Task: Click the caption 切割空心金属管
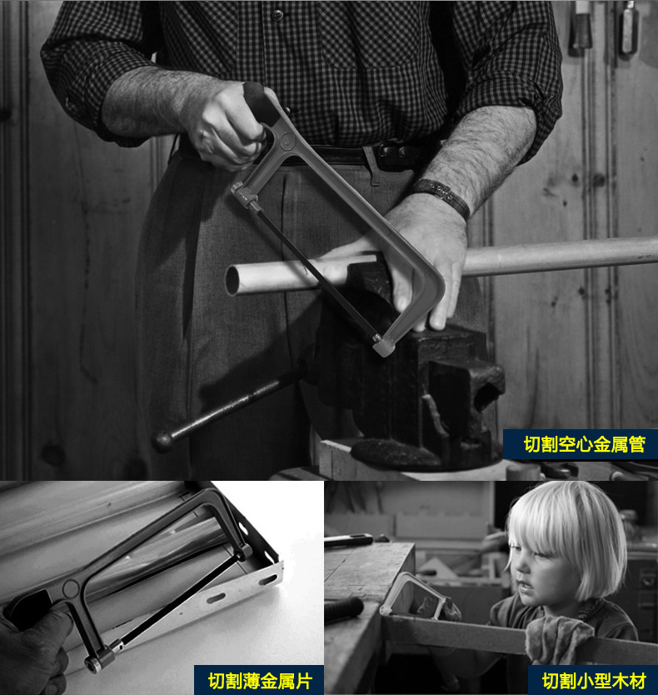tap(584, 444)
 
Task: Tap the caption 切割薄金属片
tap(260, 681)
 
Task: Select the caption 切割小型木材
tap(594, 681)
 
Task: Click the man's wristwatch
tap(442, 197)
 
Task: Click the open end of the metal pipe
tap(233, 280)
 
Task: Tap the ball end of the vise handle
tap(162, 442)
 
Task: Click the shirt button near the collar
tap(278, 15)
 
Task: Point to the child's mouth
tap(523, 587)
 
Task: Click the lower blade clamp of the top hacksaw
tap(383, 346)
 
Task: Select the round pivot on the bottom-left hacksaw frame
tap(70, 589)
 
